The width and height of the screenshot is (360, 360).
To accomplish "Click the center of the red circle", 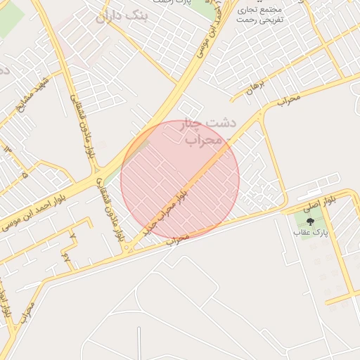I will [x=180, y=179].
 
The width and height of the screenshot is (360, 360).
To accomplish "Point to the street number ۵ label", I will [x=25, y=172].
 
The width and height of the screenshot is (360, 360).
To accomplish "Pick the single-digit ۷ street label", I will [x=67, y=257].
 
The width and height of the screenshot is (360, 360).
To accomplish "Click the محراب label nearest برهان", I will [x=288, y=100].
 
